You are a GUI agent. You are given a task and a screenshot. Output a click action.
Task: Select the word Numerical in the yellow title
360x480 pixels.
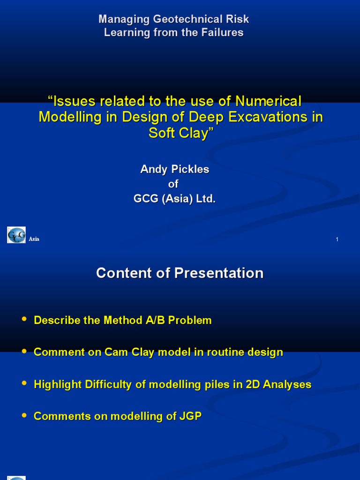coord(268,101)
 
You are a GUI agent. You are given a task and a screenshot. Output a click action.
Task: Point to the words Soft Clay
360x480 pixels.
coord(180,133)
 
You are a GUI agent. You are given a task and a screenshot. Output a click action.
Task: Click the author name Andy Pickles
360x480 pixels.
coord(174,169)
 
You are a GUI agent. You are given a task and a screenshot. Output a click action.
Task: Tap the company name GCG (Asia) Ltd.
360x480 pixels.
coord(174,199)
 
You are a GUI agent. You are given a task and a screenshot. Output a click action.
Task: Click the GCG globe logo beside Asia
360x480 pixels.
coord(16,235)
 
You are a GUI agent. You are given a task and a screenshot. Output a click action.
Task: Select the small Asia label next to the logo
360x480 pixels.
coord(34,239)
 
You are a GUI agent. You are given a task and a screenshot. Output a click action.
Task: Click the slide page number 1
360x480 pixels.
coord(337,240)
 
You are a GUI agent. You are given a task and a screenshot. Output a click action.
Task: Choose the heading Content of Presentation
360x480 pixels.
coord(180,273)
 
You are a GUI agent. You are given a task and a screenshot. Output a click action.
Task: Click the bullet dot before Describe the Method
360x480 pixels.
coord(24,319)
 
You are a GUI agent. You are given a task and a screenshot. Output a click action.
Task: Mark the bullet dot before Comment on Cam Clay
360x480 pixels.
coord(24,351)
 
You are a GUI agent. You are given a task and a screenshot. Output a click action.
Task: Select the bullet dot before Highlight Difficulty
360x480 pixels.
coord(24,383)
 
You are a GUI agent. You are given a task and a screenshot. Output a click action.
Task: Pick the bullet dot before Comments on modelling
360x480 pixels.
coord(24,415)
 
